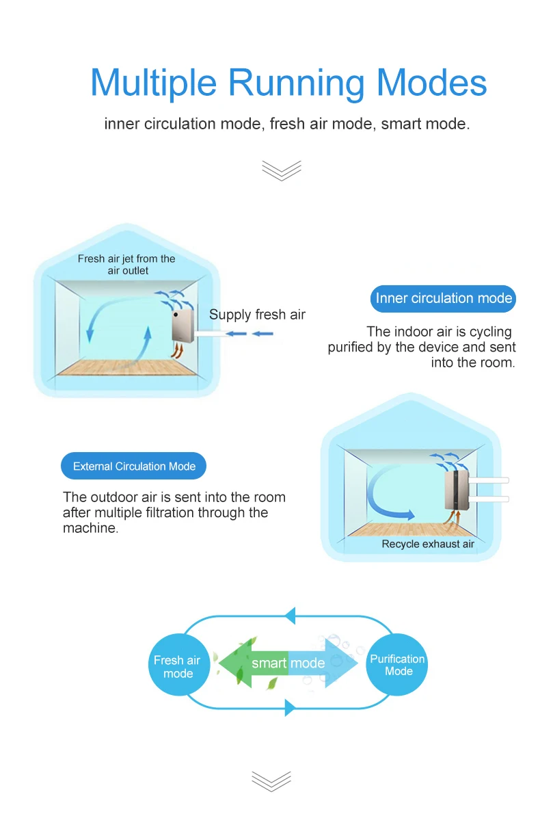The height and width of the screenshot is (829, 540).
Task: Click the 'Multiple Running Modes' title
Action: (x=288, y=83)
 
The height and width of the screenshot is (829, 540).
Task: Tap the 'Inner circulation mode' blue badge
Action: (x=444, y=298)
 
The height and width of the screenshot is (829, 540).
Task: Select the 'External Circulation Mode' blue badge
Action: (x=134, y=466)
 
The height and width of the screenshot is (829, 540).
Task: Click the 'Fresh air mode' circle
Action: (x=178, y=666)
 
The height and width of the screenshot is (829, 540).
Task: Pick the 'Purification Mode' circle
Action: (x=397, y=665)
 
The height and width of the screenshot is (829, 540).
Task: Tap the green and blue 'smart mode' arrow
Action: (x=288, y=663)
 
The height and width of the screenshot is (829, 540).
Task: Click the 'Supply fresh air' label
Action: (x=257, y=315)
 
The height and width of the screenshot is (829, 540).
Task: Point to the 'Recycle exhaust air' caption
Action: (x=428, y=544)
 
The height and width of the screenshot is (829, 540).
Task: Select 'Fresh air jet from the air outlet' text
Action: (x=126, y=265)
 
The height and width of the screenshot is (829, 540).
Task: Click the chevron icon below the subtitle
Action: (x=281, y=170)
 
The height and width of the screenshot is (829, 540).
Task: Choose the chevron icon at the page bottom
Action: (x=271, y=781)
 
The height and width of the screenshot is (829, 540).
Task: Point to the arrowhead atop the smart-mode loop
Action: (x=290, y=615)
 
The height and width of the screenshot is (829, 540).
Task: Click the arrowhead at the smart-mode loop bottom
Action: (x=290, y=708)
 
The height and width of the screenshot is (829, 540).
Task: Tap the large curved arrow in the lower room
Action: (x=386, y=496)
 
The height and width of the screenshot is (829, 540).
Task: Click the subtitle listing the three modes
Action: (x=287, y=124)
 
